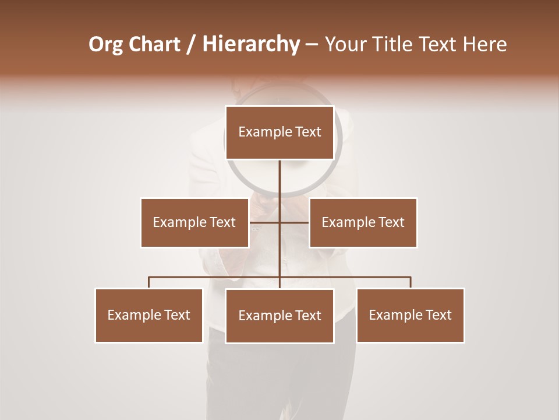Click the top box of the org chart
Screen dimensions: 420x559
pyautogui.click(x=279, y=132)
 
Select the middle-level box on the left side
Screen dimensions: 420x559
pyautogui.click(x=194, y=222)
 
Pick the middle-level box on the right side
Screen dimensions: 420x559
pyautogui.click(x=363, y=222)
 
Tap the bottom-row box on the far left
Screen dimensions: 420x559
pyautogui.click(x=149, y=315)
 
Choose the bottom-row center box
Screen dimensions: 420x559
pyautogui.click(x=279, y=316)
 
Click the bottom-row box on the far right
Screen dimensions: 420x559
pyautogui.click(x=410, y=315)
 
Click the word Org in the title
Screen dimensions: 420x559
pyautogui.click(x=105, y=44)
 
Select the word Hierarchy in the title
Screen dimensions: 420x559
pyautogui.click(x=250, y=44)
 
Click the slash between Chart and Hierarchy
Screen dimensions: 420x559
pyautogui.click(x=190, y=45)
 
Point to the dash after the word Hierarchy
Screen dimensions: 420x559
pyautogui.click(x=312, y=45)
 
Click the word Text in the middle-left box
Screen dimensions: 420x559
pyautogui.click(x=222, y=222)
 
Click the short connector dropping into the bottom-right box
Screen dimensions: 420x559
pyautogui.click(x=411, y=282)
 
